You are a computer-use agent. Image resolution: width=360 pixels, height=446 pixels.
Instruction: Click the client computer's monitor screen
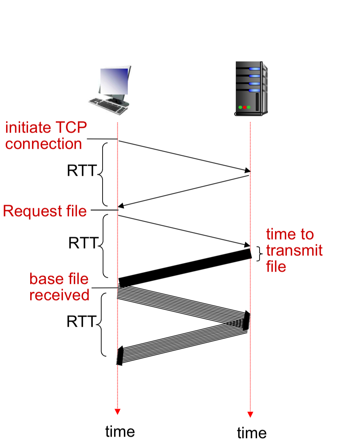click(114, 81)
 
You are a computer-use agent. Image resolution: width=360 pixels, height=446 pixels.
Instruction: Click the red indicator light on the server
click(244, 107)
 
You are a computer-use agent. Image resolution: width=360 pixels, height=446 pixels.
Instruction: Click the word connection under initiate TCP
click(44, 144)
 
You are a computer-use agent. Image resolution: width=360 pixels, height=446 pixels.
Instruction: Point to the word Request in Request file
click(33, 211)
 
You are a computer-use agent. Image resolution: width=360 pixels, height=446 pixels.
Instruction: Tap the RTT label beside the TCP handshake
click(82, 170)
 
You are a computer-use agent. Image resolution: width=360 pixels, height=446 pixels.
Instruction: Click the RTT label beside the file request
click(83, 243)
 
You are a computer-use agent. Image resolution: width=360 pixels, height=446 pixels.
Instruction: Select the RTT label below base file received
click(81, 321)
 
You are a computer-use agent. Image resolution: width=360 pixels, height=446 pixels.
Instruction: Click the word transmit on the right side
click(294, 250)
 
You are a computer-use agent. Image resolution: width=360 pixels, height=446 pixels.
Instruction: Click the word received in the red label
click(59, 295)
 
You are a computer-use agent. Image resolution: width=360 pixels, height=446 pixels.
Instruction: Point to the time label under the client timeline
click(120, 432)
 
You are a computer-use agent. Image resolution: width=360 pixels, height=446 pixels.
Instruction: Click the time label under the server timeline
click(252, 433)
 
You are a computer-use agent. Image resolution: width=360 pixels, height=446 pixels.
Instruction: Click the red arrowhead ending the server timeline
click(250, 414)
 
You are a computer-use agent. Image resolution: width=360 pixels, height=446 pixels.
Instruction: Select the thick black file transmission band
click(185, 268)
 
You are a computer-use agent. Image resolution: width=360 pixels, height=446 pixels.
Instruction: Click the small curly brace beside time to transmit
click(260, 254)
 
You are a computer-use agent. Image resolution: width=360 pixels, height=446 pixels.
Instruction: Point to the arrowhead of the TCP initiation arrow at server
click(247, 170)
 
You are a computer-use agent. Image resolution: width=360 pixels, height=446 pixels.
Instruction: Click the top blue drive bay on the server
click(254, 69)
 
